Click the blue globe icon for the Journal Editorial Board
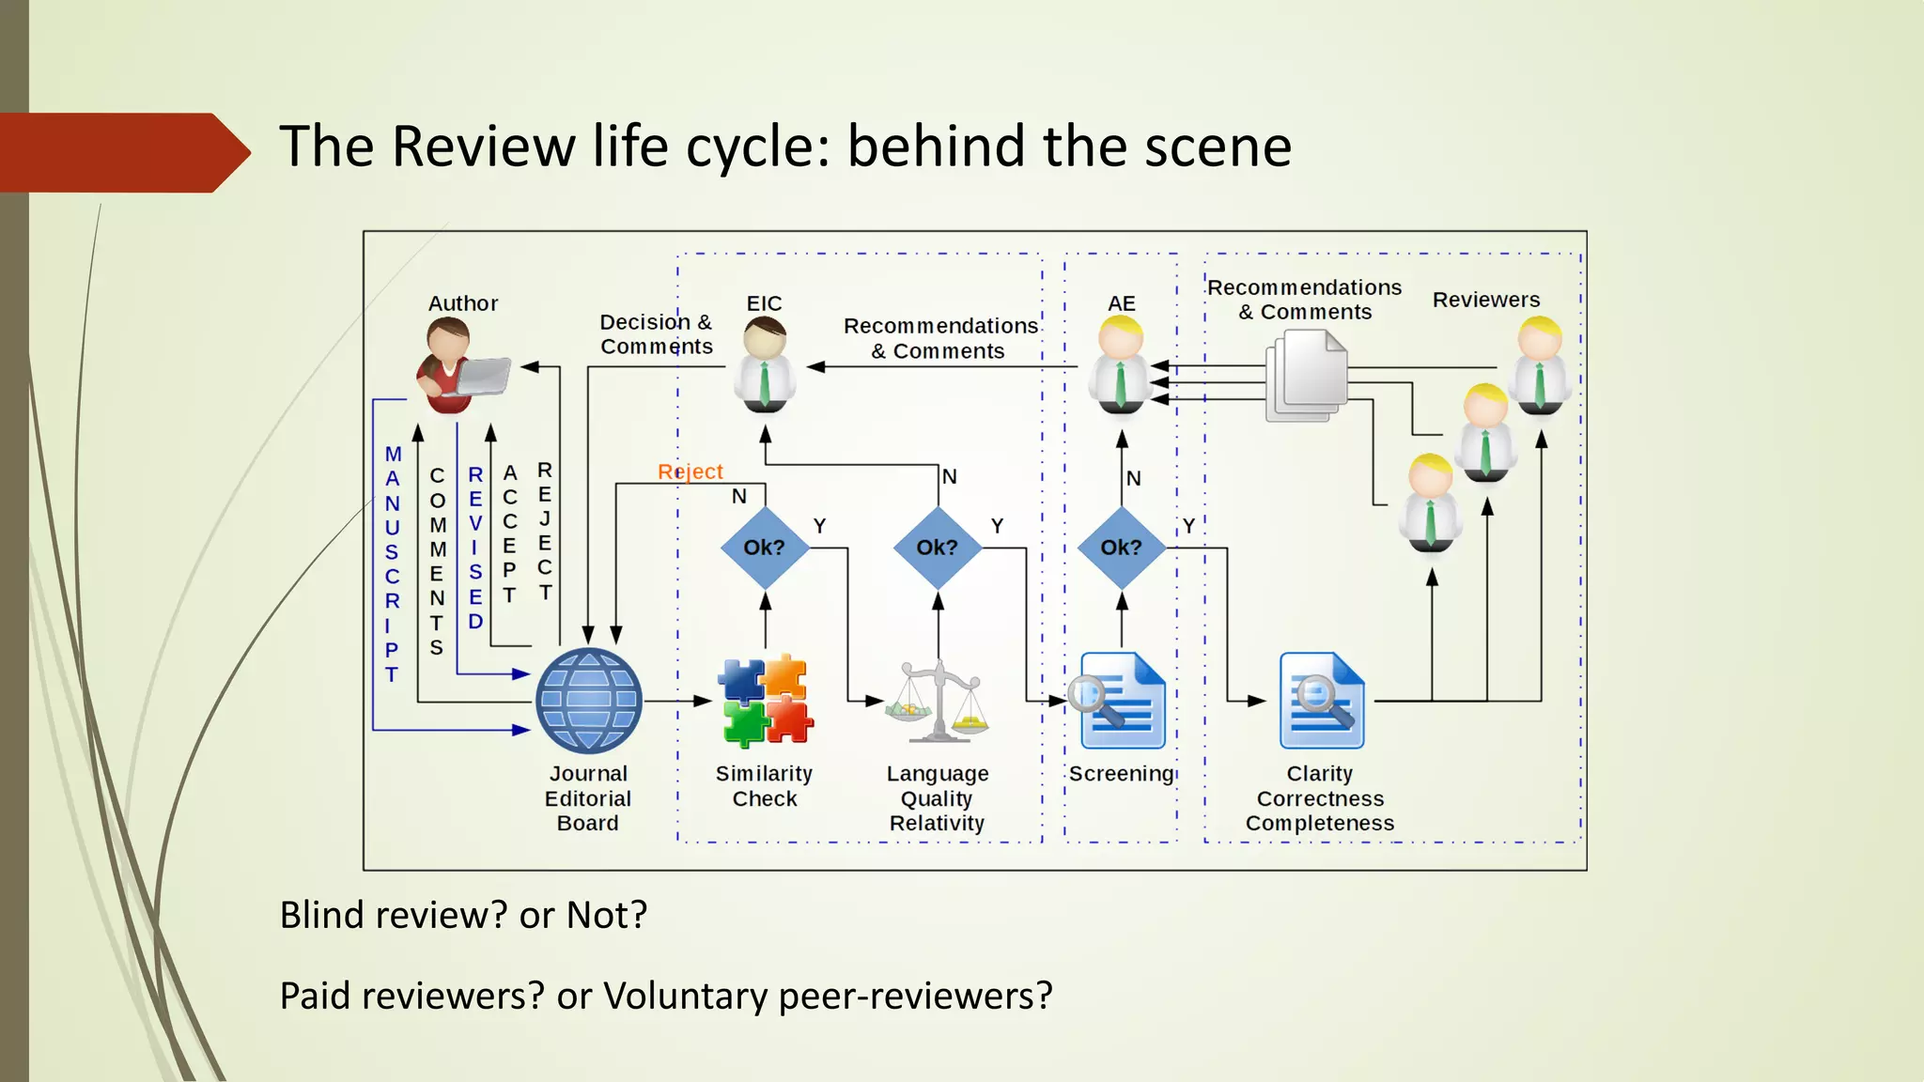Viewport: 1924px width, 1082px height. coord(588,701)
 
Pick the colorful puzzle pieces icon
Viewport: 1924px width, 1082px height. coord(765,701)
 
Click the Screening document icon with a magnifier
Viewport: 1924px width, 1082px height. coord(1121,701)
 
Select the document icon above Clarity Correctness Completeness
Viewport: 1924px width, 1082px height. coord(1320,701)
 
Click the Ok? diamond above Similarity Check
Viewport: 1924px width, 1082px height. coord(765,548)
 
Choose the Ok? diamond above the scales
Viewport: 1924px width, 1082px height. coord(937,548)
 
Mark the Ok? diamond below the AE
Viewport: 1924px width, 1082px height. coord(1121,548)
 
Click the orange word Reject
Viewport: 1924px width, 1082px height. coord(690,471)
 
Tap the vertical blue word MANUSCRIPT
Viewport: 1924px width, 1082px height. coord(392,564)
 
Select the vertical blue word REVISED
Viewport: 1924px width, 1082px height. coord(475,548)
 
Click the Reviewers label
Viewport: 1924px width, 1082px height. coord(1485,300)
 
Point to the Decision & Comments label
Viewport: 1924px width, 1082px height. coord(656,334)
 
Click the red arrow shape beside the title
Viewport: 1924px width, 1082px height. coord(122,152)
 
